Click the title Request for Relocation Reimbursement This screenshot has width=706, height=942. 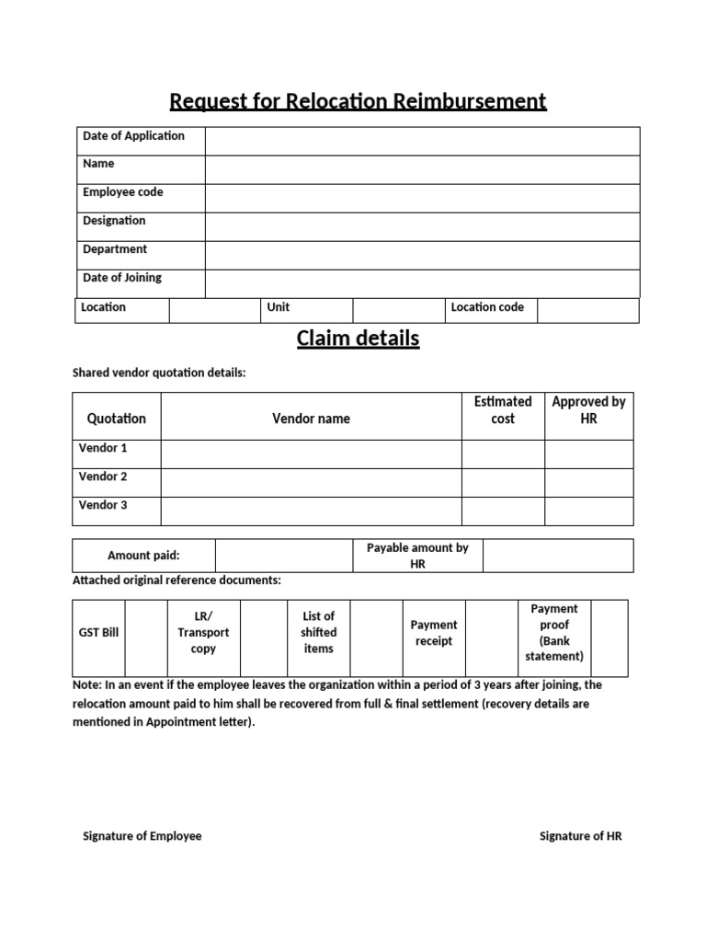pyautogui.click(x=357, y=100)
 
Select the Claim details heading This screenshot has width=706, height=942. pyautogui.click(x=357, y=339)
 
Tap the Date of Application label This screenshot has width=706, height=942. pyautogui.click(x=133, y=136)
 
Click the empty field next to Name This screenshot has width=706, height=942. pyautogui.click(x=422, y=170)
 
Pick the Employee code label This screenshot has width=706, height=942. pyautogui.click(x=122, y=192)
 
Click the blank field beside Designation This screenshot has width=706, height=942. pyautogui.click(x=422, y=227)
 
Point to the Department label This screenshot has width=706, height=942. pyautogui.click(x=115, y=249)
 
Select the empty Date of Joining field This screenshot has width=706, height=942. pyautogui.click(x=422, y=283)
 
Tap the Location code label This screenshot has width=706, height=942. pyautogui.click(x=487, y=307)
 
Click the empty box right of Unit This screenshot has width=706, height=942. pyautogui.click(x=398, y=311)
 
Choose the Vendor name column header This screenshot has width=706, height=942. pyautogui.click(x=311, y=419)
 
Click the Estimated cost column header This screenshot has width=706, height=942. pyautogui.click(x=503, y=410)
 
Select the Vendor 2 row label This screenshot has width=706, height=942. pyautogui.click(x=103, y=477)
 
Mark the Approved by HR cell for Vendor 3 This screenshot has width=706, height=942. pyautogui.click(x=588, y=511)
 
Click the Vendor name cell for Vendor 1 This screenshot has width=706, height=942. pyautogui.click(x=311, y=454)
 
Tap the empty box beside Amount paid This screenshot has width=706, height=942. pyautogui.click(x=284, y=556)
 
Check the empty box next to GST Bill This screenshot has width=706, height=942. pyautogui.click(x=145, y=638)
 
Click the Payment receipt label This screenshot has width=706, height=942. pyautogui.click(x=434, y=633)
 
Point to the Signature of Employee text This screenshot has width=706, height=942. pyautogui.click(x=142, y=836)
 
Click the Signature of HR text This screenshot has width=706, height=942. pyautogui.click(x=580, y=836)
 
